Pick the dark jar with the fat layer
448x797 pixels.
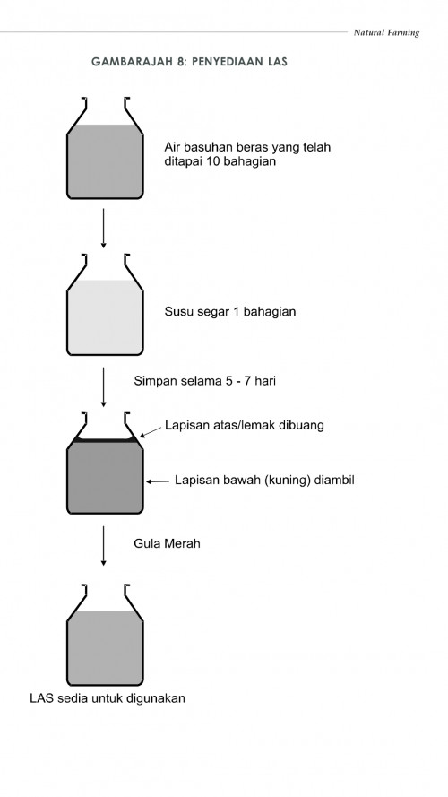point(105,475)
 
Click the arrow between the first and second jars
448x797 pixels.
point(105,229)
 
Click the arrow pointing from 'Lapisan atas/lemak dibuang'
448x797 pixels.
point(150,432)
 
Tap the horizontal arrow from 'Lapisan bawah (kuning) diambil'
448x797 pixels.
point(158,481)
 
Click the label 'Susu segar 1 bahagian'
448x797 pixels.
point(230,313)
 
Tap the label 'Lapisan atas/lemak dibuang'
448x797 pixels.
point(244,425)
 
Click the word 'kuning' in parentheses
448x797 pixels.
point(285,481)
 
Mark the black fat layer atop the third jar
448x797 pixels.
point(105,440)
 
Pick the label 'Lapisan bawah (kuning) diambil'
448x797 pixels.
point(265,481)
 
